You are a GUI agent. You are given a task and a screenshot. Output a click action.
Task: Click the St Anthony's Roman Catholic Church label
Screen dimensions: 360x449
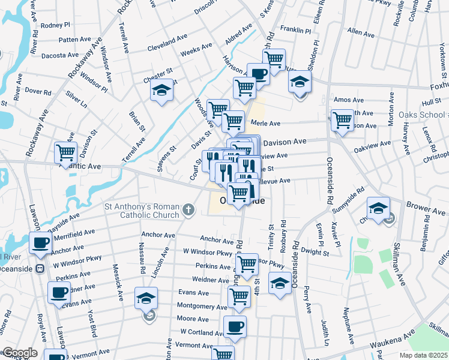(142, 211)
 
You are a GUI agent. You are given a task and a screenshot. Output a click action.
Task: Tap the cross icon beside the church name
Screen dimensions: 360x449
(188, 210)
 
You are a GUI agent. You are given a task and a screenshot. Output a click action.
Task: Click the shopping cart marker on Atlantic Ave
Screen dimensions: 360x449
(65, 152)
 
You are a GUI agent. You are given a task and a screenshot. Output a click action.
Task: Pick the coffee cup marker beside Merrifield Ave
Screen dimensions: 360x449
(40, 243)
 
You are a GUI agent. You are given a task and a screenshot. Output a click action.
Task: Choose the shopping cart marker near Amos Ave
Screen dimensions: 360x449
(342, 119)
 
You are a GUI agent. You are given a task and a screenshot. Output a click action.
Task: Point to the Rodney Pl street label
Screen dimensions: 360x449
(56, 25)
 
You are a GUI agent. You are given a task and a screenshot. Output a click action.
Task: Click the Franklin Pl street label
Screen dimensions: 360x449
(295, 29)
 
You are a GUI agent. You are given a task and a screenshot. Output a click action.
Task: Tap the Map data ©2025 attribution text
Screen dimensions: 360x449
(423, 355)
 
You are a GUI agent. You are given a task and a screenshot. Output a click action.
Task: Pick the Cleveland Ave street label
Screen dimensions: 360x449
(167, 41)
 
